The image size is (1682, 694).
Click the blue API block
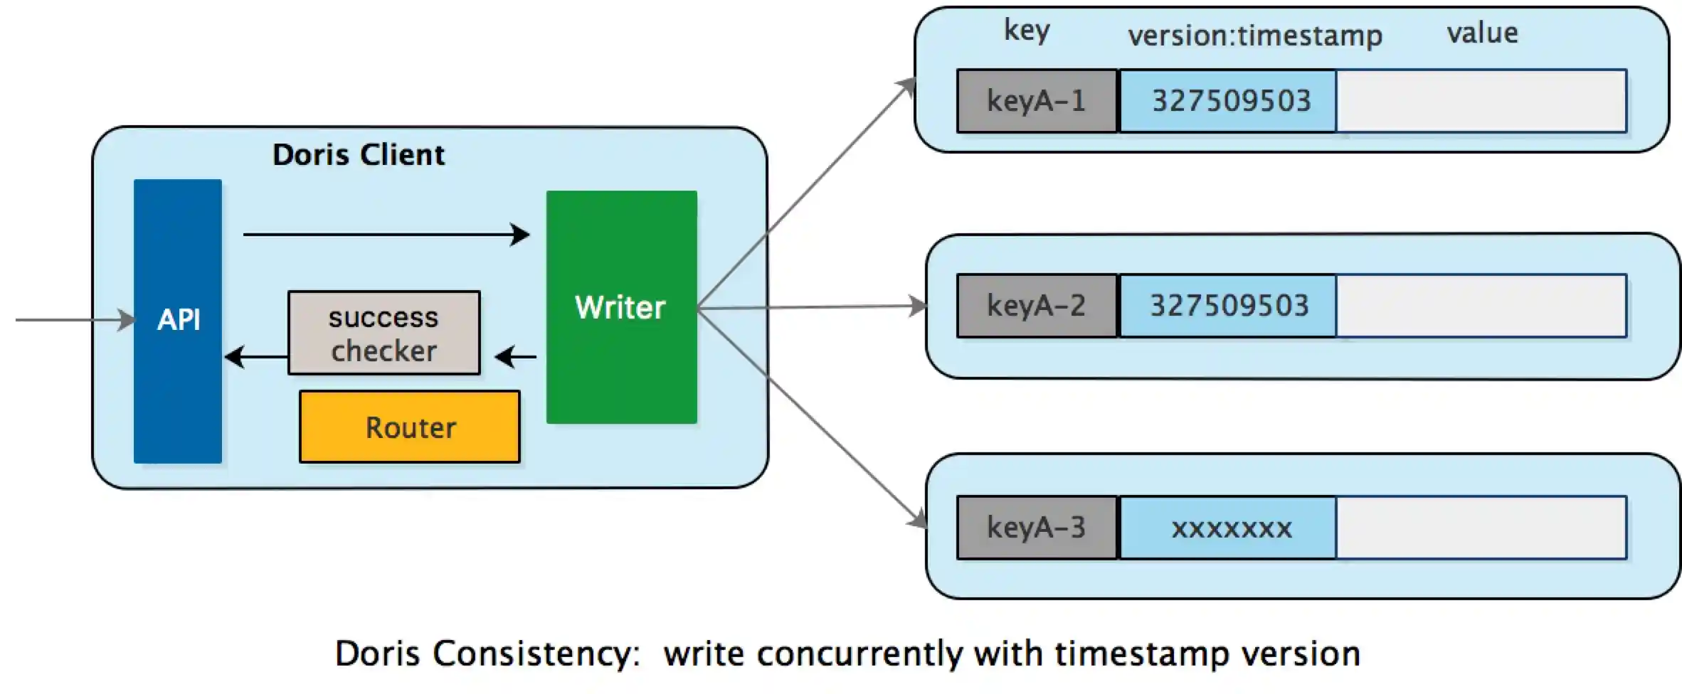click(x=178, y=321)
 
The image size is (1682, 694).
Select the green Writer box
click(x=621, y=307)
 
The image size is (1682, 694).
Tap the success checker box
click(x=384, y=333)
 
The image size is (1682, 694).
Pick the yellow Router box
click(x=410, y=427)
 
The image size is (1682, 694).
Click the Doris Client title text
click(x=359, y=155)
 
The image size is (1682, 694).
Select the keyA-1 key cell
click(x=1037, y=101)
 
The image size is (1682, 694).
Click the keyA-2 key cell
click(x=1037, y=306)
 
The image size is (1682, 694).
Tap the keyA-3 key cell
click(x=1037, y=528)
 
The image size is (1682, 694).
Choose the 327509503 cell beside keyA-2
click(x=1229, y=306)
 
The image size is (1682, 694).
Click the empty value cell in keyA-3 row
click(x=1481, y=528)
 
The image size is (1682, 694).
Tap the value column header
click(x=1483, y=33)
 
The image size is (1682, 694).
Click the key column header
click(x=1027, y=31)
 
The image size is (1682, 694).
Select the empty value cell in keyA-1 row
click(x=1481, y=101)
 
